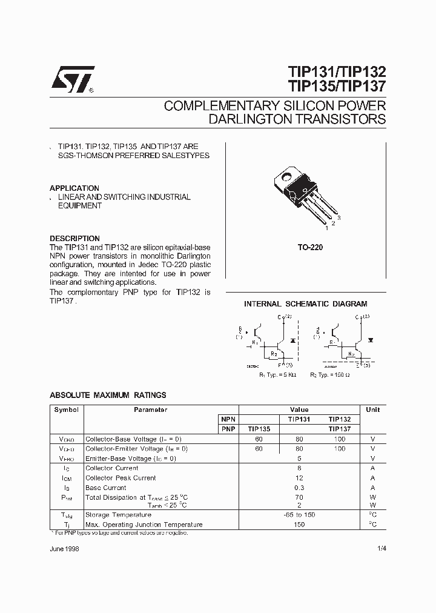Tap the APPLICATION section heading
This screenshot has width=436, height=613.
tap(74, 188)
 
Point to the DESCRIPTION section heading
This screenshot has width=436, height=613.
tap(74, 239)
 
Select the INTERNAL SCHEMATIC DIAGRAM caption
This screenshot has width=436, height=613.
tap(305, 304)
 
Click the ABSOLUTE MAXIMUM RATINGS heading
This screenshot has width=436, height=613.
tap(108, 395)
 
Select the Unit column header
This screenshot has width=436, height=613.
tap(373, 409)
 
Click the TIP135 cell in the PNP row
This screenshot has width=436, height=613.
tap(259, 428)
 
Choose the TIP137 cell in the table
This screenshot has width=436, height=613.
tap(340, 428)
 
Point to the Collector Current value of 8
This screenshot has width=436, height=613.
tap(299, 468)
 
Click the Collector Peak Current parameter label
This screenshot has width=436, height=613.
tap(121, 478)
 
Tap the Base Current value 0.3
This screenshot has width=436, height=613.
tap(299, 488)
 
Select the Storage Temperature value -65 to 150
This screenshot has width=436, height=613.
tap(299, 515)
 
